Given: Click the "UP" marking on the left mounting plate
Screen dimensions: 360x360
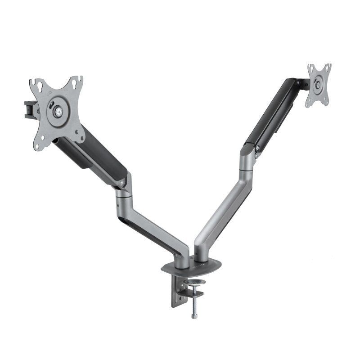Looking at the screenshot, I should pyautogui.click(x=49, y=95).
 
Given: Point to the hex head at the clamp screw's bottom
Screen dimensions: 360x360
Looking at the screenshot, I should pyautogui.click(x=194, y=316).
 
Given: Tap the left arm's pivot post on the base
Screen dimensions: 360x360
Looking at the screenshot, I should pyautogui.click(x=183, y=259).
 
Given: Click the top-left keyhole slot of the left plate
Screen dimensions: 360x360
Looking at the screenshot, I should pyautogui.click(x=33, y=84).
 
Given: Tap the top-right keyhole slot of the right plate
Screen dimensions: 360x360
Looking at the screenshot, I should pyautogui.click(x=328, y=67).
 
